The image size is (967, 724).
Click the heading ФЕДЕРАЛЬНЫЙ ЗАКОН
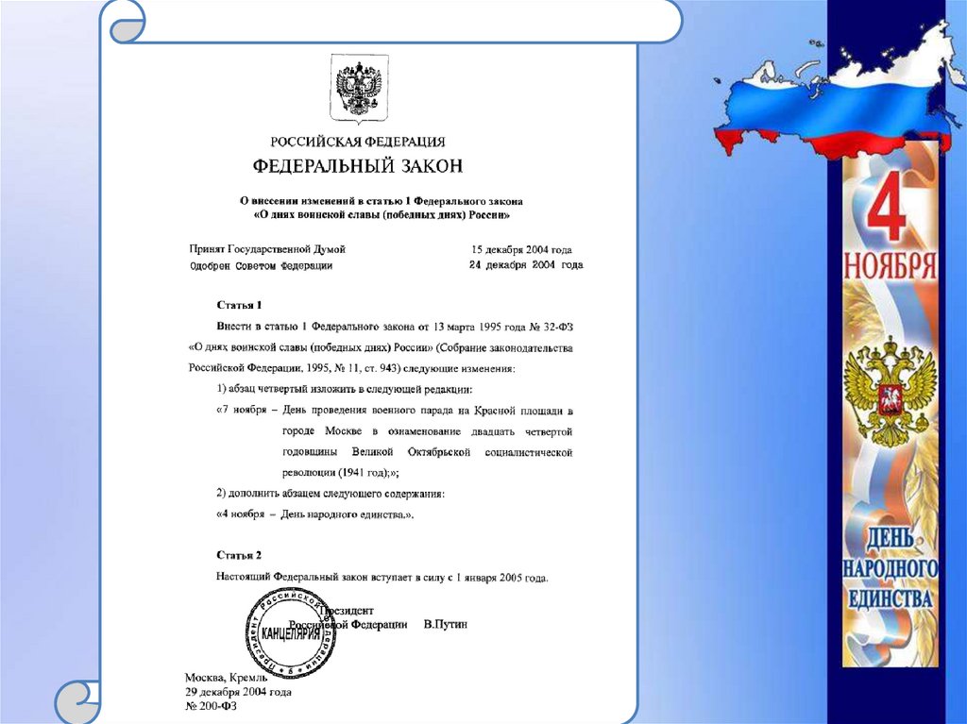[x=358, y=167]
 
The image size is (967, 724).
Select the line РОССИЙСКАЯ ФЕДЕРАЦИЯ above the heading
[x=358, y=143]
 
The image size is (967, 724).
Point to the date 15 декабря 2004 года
[x=521, y=250]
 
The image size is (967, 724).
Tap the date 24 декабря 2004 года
[x=526, y=265]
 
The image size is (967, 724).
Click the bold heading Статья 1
[x=239, y=305]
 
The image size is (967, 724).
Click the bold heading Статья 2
[x=239, y=555]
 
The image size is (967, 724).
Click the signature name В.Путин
[x=446, y=625]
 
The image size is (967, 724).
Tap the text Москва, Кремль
[x=227, y=678]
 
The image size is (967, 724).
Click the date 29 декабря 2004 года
[x=238, y=692]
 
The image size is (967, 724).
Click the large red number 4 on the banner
[x=885, y=210]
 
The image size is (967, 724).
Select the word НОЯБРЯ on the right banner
[x=890, y=265]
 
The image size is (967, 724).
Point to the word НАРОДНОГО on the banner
[x=890, y=568]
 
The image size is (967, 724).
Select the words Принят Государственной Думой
[x=268, y=249]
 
